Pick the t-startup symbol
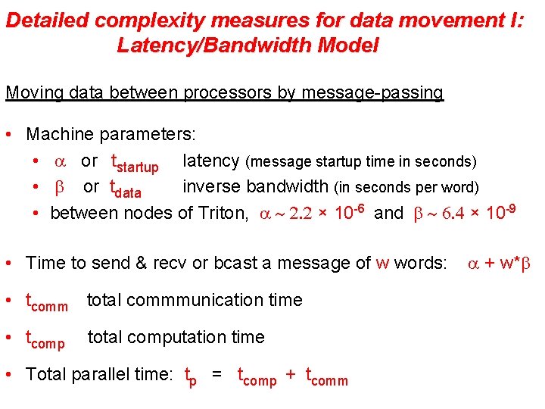tap(134, 163)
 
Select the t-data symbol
tap(126, 189)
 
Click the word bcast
tap(257, 263)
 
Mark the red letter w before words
tap(382, 263)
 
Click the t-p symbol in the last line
tap(191, 376)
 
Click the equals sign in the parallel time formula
tap(217, 374)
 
